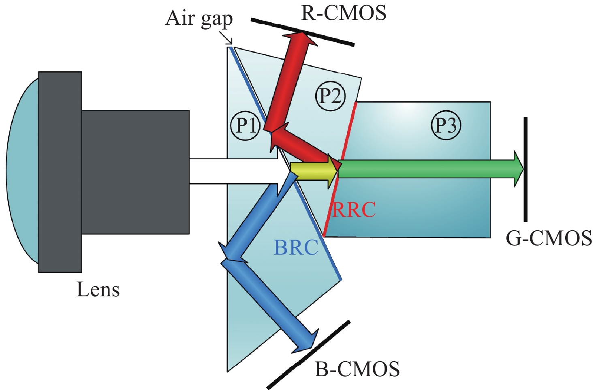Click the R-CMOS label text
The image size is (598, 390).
pyautogui.click(x=344, y=13)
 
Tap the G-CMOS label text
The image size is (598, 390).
pyautogui.click(x=549, y=238)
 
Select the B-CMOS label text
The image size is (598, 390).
pyautogui.click(x=357, y=369)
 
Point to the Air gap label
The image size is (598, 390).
pyautogui.click(x=199, y=19)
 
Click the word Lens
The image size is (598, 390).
pyautogui.click(x=98, y=290)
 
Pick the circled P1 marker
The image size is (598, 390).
pyautogui.click(x=245, y=125)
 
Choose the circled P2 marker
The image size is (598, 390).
pyautogui.click(x=330, y=96)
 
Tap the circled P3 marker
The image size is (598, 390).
pyautogui.click(x=446, y=125)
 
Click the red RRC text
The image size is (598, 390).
pyautogui.click(x=354, y=210)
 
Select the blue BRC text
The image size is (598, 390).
pyautogui.click(x=296, y=248)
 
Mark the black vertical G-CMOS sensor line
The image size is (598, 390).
pyautogui.click(x=525, y=169)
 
